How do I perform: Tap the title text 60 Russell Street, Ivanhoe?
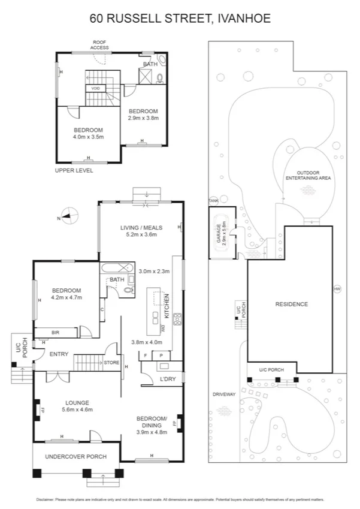click(180, 19)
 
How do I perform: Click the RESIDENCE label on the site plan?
click(291, 304)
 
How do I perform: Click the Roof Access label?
click(99, 44)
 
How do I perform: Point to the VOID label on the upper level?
click(95, 88)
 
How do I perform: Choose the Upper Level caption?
click(74, 170)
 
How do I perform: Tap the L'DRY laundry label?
click(167, 379)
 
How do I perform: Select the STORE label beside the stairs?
click(112, 362)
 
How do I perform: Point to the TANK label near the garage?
click(213, 201)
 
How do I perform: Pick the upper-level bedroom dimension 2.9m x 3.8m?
click(143, 118)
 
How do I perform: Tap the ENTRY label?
click(58, 354)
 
